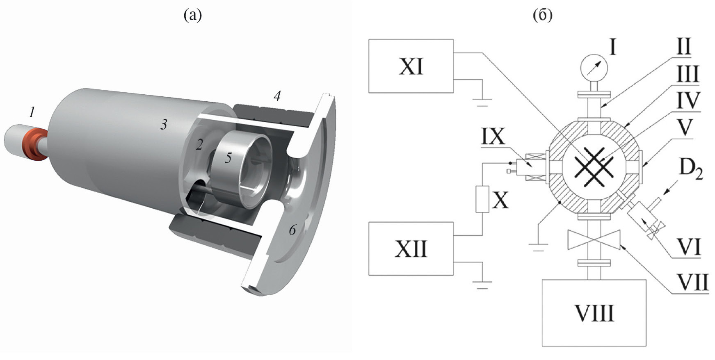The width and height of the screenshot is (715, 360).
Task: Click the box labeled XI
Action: tap(411, 66)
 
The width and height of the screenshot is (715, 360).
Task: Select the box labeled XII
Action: tap(411, 248)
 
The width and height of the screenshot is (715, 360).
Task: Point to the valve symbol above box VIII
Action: tap(594, 240)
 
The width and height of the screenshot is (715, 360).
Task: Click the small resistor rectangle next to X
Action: tap(482, 199)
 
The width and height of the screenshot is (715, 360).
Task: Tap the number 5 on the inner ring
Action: tap(228, 158)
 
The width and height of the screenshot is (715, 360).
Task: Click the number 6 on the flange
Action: tap(292, 230)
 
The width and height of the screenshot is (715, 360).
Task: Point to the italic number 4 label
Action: tap(277, 96)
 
